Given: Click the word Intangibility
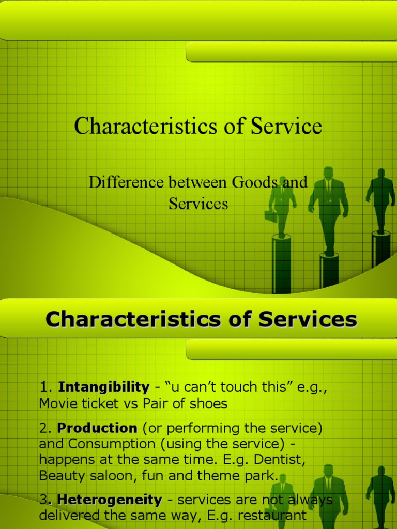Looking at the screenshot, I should pos(103,386).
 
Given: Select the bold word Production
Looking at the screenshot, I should pos(97,428).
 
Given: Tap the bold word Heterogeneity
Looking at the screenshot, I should pos(109,500).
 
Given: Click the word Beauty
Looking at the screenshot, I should pos(59,476).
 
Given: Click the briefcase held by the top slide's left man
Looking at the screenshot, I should pos(270,215).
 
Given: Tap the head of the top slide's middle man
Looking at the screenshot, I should pos(328,173).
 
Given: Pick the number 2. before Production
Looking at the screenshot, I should pos(45,428).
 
